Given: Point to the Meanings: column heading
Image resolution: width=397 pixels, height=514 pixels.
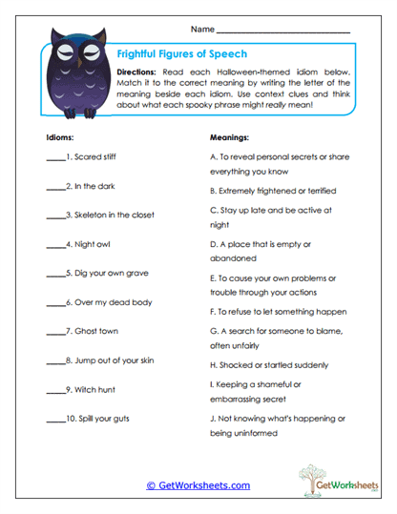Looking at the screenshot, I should (x=231, y=136).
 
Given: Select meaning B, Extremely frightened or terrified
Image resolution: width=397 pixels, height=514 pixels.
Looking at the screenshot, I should (x=278, y=191).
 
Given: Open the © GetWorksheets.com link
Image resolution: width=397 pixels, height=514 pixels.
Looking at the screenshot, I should (x=198, y=485).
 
